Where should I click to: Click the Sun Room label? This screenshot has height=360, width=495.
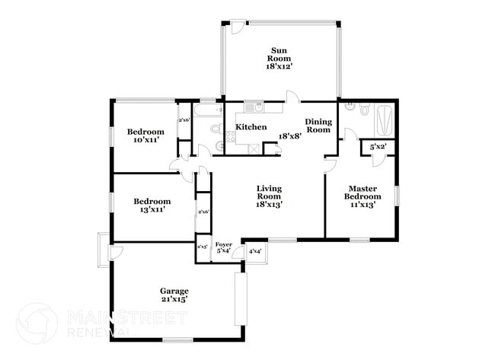click(279, 59)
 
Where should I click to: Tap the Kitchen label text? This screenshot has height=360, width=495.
click(251, 127)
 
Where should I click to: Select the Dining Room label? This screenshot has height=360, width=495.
click(318, 126)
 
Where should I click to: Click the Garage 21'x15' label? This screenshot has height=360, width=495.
click(174, 295)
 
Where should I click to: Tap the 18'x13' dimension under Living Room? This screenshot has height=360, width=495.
click(270, 204)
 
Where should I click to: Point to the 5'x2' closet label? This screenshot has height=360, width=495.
click(377, 146)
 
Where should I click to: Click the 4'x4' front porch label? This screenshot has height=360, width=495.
click(255, 251)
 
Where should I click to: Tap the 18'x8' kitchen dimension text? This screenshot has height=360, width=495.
click(289, 135)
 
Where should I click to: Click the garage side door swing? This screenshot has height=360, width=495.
click(119, 251)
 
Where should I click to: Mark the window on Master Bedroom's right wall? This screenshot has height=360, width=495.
click(397, 195)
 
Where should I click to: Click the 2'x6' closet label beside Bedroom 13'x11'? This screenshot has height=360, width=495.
click(203, 212)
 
